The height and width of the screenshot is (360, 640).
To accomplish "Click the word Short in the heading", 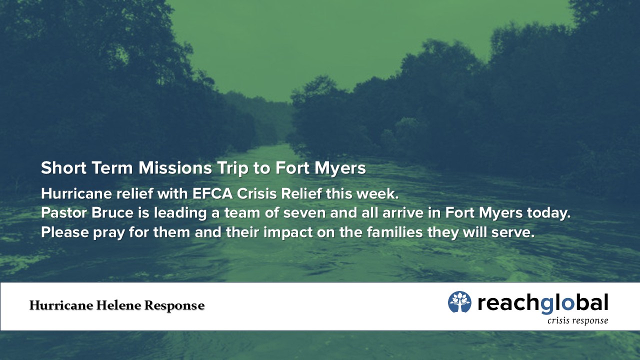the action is (63, 167).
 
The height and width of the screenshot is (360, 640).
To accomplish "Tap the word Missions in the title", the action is (175, 167).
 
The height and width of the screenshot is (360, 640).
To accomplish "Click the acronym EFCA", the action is (212, 193).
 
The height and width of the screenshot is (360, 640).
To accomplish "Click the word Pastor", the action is (63, 213).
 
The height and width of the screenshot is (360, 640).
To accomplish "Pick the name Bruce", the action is (112, 213).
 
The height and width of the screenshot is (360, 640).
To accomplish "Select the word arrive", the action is (403, 213).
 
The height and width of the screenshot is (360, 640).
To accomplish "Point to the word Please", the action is (65, 232).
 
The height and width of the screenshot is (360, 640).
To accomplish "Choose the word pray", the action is (109, 233).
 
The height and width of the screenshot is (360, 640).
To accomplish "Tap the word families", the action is (394, 232).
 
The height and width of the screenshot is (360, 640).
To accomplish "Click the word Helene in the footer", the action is (118, 305).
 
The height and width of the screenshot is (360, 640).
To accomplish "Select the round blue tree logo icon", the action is (459, 301).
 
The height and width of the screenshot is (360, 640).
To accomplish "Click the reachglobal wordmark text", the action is (543, 303).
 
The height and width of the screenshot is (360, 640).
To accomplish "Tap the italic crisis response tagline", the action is (577, 321).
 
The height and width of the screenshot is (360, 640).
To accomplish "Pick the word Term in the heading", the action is (112, 167).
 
